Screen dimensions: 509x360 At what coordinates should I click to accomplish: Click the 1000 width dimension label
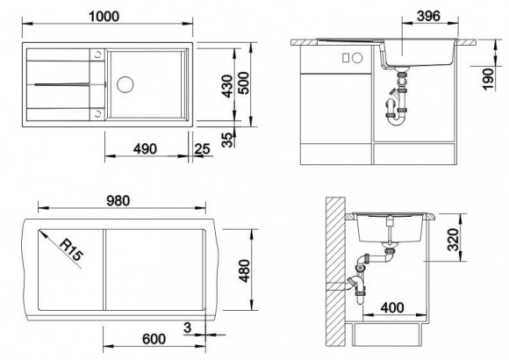tap(104, 17)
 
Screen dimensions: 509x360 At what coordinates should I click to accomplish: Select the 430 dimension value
tap(227, 86)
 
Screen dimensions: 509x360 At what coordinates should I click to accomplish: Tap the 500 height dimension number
tap(243, 83)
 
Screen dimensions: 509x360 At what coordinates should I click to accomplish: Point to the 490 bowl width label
tap(145, 148)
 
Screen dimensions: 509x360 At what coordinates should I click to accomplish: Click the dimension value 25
tap(202, 148)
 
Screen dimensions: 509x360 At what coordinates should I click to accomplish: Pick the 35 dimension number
tap(227, 140)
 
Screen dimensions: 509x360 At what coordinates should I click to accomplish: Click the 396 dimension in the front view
tap(428, 16)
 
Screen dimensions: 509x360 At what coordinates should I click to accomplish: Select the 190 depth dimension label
tap(487, 79)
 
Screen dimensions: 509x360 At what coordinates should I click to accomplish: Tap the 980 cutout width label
tap(118, 201)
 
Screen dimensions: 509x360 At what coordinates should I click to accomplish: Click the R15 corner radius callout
tap(71, 249)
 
